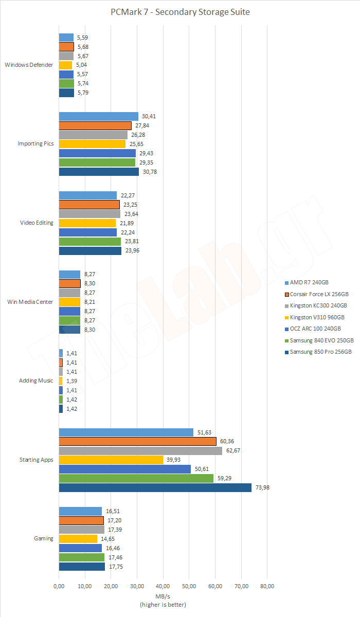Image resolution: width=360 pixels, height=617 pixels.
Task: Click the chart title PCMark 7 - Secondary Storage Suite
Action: point(180,12)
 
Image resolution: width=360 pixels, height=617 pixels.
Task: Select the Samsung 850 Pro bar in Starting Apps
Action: point(155,487)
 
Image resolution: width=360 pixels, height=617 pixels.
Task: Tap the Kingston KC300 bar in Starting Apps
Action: point(140,450)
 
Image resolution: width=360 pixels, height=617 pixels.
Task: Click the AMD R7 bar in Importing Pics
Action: point(99,116)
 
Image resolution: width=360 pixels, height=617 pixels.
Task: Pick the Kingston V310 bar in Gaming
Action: point(78,539)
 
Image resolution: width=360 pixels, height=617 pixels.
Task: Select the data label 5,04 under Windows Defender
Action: point(83,65)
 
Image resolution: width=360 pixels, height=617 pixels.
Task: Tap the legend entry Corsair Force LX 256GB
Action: point(319,294)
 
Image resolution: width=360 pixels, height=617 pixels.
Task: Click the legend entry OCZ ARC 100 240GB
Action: point(315,329)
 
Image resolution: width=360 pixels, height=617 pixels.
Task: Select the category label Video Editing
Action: point(37,223)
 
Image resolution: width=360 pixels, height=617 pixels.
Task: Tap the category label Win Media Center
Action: point(30,302)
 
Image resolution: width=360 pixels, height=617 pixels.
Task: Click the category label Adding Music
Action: point(36,381)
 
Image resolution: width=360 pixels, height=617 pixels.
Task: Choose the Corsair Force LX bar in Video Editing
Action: point(89,205)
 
